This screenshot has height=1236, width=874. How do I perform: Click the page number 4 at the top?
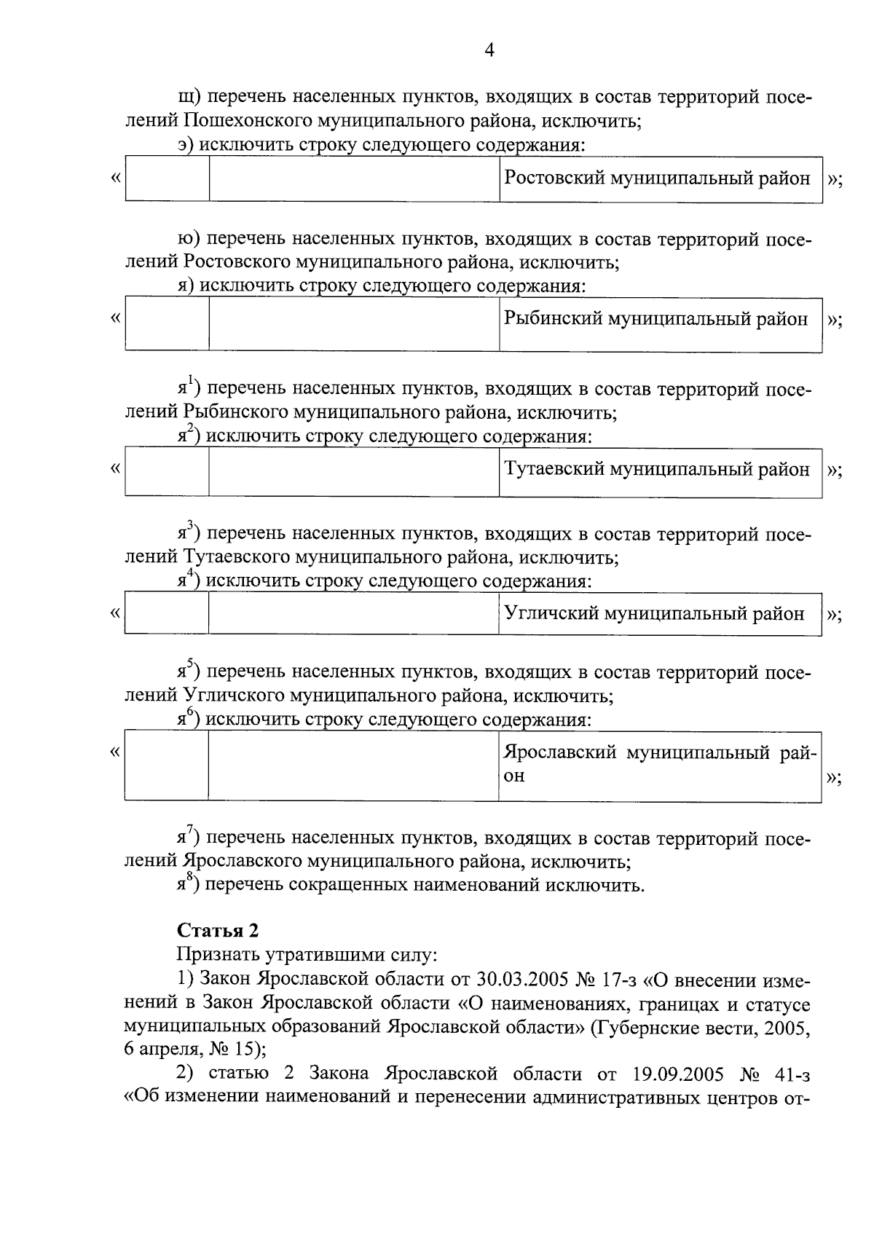tap(489, 50)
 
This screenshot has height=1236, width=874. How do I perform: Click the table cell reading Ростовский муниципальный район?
tap(657, 178)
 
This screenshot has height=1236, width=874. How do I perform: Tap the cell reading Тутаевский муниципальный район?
tap(657, 469)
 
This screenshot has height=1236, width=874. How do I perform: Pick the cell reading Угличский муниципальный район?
tap(654, 614)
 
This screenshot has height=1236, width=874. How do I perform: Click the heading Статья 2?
tap(218, 930)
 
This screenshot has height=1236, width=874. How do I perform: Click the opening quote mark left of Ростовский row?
tap(114, 178)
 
